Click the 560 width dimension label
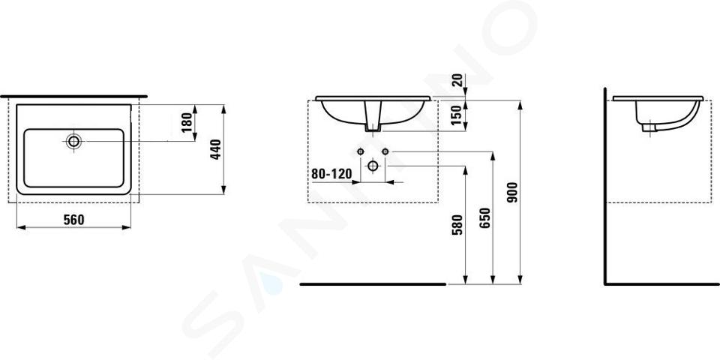[x=74, y=220]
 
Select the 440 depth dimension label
[x=216, y=149]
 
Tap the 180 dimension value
[x=187, y=122]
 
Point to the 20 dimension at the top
[x=457, y=80]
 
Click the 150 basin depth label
[x=457, y=115]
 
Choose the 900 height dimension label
[x=512, y=193]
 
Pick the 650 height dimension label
[x=485, y=217]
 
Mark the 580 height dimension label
[x=457, y=225]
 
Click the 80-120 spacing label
[x=331, y=174]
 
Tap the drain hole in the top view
[x=73, y=141]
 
